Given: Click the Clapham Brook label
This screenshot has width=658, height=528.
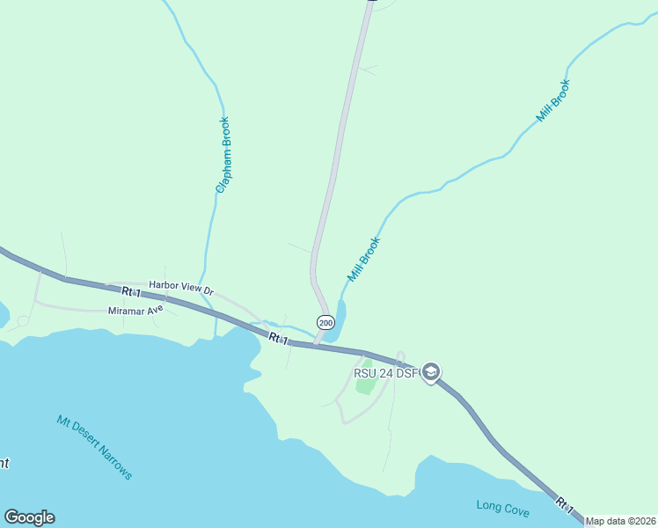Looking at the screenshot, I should tap(224, 155).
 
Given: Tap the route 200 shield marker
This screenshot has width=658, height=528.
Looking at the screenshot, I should tap(325, 323).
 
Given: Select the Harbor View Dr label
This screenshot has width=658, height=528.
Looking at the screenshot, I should tap(181, 285).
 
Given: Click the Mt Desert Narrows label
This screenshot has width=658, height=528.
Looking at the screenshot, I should tap(94, 447).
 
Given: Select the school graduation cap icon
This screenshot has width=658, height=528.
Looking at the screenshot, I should tap(431, 373).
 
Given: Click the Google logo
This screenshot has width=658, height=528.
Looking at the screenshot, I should tap(29, 517).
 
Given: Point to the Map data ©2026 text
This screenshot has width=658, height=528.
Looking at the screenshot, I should tap(620, 521).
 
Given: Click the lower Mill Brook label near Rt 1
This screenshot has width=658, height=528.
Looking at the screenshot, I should tap(363, 259).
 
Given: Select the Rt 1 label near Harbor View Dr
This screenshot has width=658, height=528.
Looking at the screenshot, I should tap(131, 291).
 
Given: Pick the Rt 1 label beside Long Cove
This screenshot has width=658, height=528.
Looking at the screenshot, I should tap(565, 506).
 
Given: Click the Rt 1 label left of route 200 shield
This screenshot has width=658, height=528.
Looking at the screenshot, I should tap(278, 338).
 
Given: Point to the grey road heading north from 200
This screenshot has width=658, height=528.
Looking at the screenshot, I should tap(339, 150).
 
